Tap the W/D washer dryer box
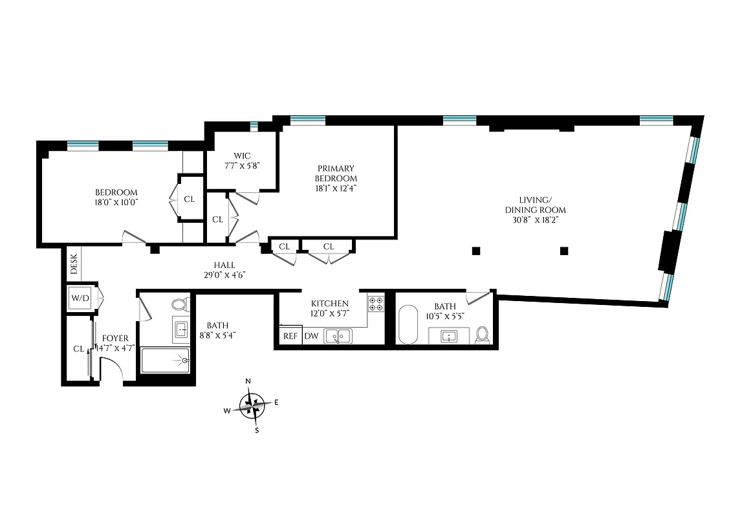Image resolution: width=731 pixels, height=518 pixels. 80,298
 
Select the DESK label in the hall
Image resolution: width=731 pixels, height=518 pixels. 74,262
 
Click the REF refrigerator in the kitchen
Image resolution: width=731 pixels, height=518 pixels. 290,336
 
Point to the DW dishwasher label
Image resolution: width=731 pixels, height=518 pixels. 311,336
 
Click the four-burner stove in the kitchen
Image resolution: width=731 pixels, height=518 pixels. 376,303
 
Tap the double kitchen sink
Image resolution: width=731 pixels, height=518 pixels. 338,335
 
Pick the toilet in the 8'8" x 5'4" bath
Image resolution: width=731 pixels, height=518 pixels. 179,304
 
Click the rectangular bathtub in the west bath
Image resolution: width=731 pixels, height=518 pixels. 165,360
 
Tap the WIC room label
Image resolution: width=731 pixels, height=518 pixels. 242,155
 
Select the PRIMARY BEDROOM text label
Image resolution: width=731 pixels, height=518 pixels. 336,174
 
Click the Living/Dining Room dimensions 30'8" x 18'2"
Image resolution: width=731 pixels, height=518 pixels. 535,220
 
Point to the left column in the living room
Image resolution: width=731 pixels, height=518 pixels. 476,250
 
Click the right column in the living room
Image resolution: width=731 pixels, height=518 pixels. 564,250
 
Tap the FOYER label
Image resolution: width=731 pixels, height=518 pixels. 116,338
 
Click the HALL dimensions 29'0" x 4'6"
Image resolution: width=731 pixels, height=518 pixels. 224,275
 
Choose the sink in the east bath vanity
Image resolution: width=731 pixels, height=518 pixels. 448,336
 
